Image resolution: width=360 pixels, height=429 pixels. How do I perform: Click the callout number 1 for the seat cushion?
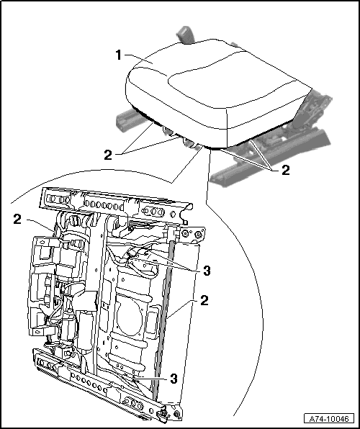118,55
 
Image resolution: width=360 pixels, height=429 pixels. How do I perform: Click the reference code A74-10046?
329,419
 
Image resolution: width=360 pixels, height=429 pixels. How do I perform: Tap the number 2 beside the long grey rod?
204,300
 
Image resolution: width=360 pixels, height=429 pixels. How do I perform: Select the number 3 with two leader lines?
206,271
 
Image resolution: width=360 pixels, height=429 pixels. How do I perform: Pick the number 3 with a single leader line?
174,379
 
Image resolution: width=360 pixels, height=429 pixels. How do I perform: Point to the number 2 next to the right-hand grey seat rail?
285,170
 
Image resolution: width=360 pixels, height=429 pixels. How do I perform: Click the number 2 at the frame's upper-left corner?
17,219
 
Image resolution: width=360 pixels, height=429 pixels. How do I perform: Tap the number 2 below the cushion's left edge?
108,155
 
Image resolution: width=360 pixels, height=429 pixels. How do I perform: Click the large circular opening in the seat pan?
129,317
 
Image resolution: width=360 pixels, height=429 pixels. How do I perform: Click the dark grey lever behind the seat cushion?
185,35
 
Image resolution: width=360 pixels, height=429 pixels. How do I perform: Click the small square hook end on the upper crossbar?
185,222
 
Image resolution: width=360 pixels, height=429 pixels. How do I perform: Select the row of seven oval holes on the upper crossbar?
102,204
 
